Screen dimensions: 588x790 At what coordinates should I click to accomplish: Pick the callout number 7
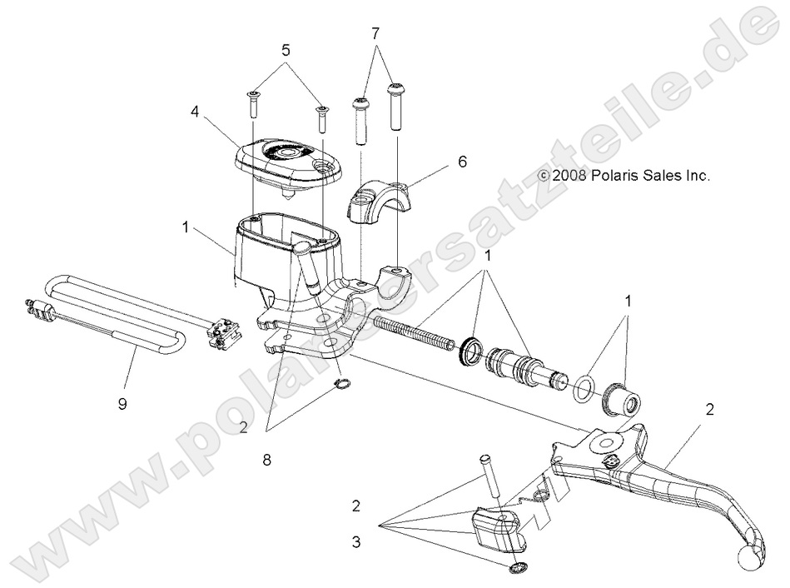(375, 32)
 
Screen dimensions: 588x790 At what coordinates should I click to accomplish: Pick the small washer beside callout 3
(516, 569)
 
